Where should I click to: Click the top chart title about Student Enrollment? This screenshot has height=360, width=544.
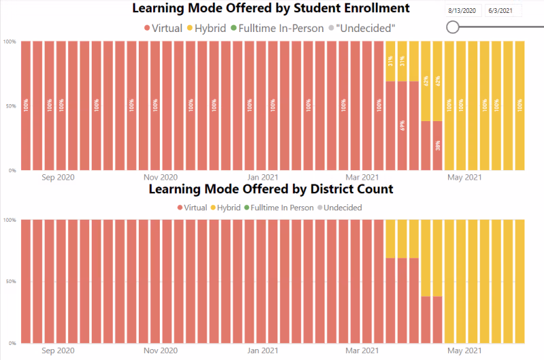click(x=270, y=9)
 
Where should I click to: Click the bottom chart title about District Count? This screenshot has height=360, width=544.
click(x=271, y=189)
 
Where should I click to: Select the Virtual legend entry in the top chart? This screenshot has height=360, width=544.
click(x=163, y=29)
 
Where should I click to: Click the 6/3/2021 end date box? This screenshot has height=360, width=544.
click(x=504, y=11)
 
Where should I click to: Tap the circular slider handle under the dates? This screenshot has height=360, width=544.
click(x=453, y=27)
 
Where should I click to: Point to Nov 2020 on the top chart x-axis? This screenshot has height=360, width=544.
click(x=160, y=178)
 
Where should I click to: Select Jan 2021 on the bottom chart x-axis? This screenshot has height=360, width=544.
click(x=262, y=350)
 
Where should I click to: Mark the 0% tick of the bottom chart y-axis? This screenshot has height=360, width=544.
click(x=12, y=342)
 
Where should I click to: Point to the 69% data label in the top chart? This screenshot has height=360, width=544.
click(x=403, y=125)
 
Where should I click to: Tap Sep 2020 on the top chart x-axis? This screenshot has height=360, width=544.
click(x=58, y=178)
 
